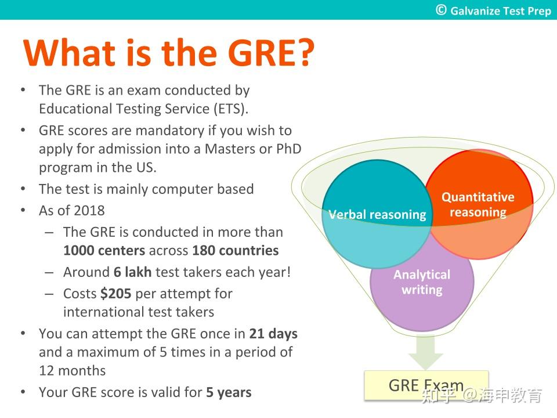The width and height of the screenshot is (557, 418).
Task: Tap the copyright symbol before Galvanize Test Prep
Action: [442, 10]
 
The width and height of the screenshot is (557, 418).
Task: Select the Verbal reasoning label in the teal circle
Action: [377, 215]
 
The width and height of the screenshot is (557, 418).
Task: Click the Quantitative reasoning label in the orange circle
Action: [478, 204]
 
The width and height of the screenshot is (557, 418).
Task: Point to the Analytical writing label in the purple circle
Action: [422, 282]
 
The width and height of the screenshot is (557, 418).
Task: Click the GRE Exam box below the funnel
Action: [426, 385]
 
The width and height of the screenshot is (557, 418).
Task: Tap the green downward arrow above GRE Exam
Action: [426, 352]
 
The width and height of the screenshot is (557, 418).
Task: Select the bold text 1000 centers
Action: [104, 251]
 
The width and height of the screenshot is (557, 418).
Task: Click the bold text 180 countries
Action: [235, 251]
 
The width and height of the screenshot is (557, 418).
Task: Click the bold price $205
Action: [115, 294]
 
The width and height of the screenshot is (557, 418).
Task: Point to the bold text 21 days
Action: [273, 334]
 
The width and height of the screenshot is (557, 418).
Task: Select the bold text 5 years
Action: [229, 392]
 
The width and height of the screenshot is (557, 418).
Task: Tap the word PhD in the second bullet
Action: [288, 149]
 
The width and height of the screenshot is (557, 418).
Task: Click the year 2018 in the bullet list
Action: [89, 210]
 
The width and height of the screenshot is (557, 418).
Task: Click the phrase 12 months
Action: [72, 370]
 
